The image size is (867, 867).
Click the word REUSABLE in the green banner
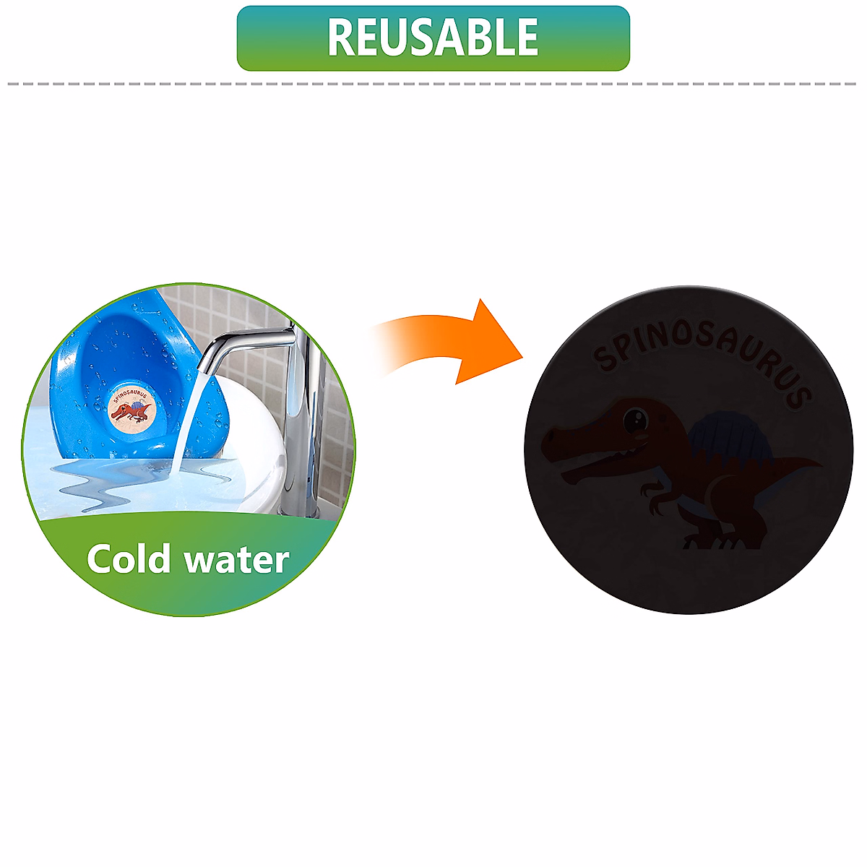point(433,38)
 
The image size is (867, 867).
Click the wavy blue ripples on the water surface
point(108,491)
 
